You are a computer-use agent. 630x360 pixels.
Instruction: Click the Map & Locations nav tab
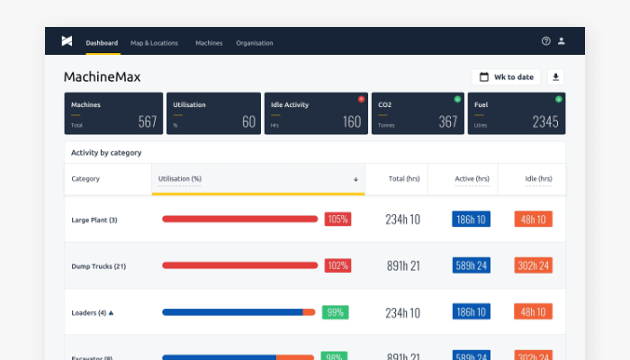coord(154,42)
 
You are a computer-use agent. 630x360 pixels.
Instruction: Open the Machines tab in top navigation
coord(209,42)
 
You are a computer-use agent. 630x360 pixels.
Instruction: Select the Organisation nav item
coord(255,42)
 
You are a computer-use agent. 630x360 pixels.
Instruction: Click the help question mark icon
coord(545,41)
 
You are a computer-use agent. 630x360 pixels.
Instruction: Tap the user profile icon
coord(562,41)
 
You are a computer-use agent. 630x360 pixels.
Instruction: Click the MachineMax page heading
coord(102,77)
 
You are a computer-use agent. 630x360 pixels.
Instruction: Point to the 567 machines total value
coord(148,121)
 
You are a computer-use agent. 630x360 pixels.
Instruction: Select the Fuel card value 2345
coord(544,121)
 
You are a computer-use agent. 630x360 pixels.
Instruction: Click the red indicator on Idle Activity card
coord(360,99)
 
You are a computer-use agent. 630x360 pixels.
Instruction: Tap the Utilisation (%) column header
coord(180,179)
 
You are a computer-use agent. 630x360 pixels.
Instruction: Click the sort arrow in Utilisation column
coord(355,179)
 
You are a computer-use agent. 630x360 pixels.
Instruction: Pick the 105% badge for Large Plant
coord(337,219)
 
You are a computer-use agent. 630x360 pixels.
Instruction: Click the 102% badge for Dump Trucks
coord(337,265)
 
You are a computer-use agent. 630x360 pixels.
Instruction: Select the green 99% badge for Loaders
coord(335,312)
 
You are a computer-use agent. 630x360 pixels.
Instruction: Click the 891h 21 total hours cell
coord(401,265)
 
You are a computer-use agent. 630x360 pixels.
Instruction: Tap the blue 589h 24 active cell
coord(472,265)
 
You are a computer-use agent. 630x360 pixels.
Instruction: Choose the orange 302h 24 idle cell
coord(533,265)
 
